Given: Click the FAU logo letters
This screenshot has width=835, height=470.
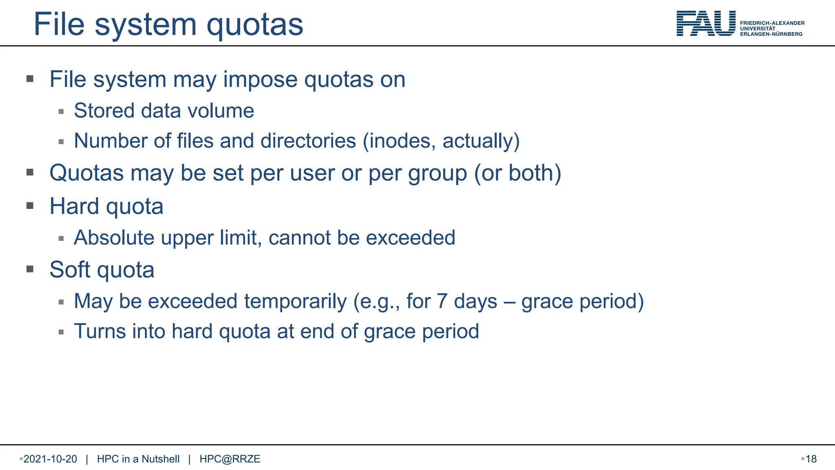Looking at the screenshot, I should coord(706,24).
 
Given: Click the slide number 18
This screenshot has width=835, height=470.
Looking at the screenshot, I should coord(811,459).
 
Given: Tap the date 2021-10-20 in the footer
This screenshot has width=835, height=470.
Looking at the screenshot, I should coord(50,459).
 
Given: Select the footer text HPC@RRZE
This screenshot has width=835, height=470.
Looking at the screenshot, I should coord(230,459).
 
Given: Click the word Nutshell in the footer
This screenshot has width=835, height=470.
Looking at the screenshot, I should coord(160,459).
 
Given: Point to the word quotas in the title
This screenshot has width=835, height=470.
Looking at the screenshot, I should coord(255,24).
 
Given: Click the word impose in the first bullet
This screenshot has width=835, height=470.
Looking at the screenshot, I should coord(260,79).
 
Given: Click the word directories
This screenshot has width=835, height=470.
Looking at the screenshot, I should coord(308,141).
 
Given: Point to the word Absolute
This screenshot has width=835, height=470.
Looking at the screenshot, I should coord(114,237).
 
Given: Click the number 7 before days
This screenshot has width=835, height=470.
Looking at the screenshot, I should coord(442,302).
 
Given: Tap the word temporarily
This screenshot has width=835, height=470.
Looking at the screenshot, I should coord(295,302).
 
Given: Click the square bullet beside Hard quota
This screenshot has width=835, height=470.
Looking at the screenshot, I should coord(30,206).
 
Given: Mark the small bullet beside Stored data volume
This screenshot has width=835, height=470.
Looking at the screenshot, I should coord(61,111).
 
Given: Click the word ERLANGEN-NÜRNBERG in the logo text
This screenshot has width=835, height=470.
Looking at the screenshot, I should coord(771,34).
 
